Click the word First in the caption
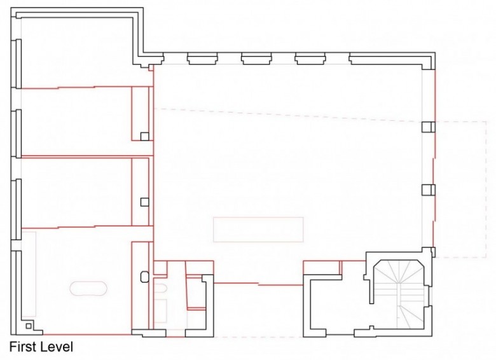tap(23, 347)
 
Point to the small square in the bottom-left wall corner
tap(29, 326)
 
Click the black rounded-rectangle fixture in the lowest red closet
tap(144, 277)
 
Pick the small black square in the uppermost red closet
tap(144, 136)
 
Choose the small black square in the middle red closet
tap(144, 202)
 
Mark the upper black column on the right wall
tap(429, 127)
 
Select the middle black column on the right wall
tap(429, 190)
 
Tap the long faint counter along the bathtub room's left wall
tap(29, 274)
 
